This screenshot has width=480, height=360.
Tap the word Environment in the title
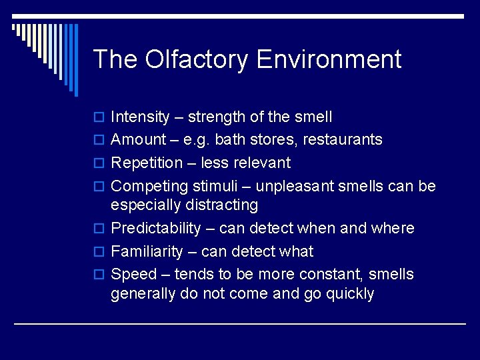[x=329, y=59]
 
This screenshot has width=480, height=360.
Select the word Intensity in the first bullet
[x=140, y=117]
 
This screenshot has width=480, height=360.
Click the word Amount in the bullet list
[x=138, y=140]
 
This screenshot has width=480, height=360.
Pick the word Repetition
[x=147, y=163]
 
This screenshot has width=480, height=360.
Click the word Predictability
[x=155, y=229]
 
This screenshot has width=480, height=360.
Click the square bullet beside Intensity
[x=99, y=118]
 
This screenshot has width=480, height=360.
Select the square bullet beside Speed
[x=99, y=275]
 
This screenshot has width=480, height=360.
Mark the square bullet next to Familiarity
[x=99, y=252]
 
